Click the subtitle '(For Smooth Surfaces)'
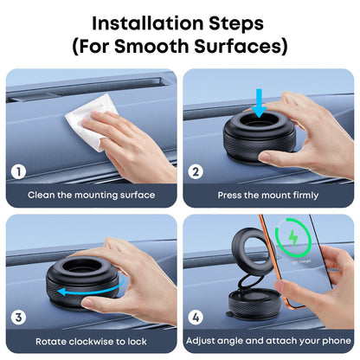pyautogui.click(x=180, y=44)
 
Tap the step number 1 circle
pyautogui.click(x=19, y=170)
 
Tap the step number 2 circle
pyautogui.click(x=196, y=170)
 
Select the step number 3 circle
pyautogui.click(x=19, y=317)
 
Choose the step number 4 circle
pyautogui.click(x=196, y=317)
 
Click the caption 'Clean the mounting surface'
pyautogui.click(x=92, y=195)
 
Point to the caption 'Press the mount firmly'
pyautogui.click(x=267, y=195)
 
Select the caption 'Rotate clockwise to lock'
pyautogui.click(x=92, y=340)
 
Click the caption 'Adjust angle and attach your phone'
pyautogui.click(x=267, y=340)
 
